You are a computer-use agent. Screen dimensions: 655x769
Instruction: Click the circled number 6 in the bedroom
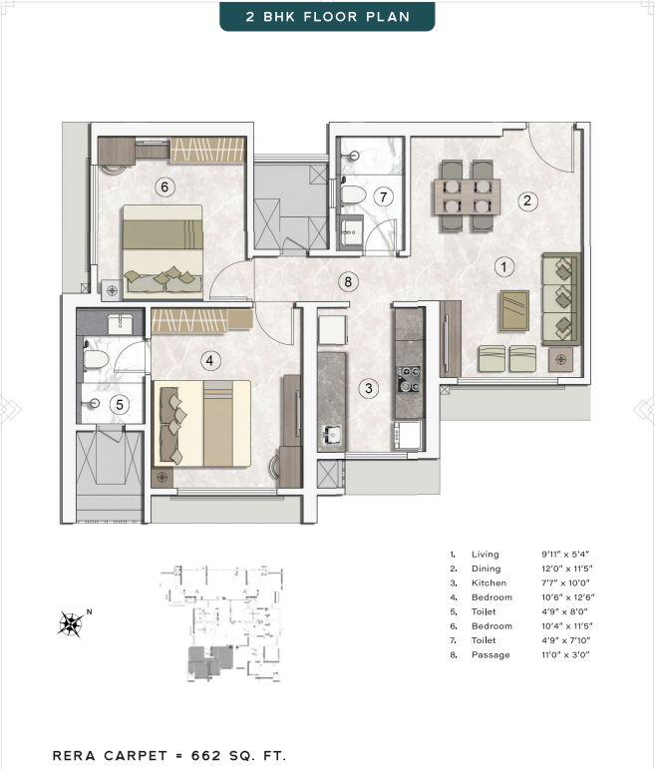164,187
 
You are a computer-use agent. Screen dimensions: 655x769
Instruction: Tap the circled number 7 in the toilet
384,197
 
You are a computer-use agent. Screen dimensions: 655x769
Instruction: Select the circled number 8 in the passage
348,282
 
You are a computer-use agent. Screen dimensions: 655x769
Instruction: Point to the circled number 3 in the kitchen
369,389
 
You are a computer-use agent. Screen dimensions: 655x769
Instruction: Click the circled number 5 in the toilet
120,405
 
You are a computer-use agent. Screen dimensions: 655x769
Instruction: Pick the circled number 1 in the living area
504,266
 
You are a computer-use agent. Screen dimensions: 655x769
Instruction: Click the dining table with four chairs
468,195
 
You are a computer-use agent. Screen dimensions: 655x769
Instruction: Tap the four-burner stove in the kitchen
409,379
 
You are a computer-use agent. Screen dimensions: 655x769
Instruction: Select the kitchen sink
331,435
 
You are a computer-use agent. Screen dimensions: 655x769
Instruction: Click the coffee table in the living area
514,310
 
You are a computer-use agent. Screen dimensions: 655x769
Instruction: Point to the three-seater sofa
561,299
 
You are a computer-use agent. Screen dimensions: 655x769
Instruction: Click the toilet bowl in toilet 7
353,195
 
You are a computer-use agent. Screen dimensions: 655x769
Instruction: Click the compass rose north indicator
72,623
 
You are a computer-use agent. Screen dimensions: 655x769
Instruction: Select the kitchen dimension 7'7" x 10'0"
565,583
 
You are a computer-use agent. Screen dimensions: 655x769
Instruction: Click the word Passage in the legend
491,654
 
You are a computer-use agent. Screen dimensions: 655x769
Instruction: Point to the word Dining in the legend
486,569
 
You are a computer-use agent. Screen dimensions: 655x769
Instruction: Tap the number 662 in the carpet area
206,756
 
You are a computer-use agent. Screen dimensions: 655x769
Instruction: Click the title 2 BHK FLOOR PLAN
327,17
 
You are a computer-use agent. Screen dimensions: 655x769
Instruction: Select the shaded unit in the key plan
209,662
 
